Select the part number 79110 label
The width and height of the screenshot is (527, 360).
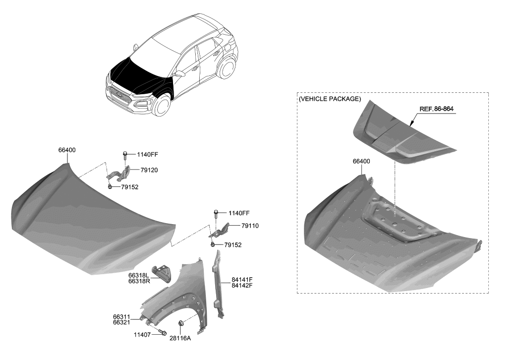[x=250, y=226]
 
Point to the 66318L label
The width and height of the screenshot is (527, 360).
[x=139, y=275]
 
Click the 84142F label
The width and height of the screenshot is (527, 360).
[x=242, y=286]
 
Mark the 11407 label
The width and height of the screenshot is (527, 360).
[x=143, y=335]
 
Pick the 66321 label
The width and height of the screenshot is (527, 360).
[x=122, y=322]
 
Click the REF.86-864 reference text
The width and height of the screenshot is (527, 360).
[x=436, y=109]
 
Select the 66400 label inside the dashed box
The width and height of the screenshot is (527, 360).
[x=361, y=162]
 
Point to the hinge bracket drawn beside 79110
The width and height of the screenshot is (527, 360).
[x=223, y=231]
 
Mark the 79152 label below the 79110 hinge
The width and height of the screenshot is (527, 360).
[x=233, y=244]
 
